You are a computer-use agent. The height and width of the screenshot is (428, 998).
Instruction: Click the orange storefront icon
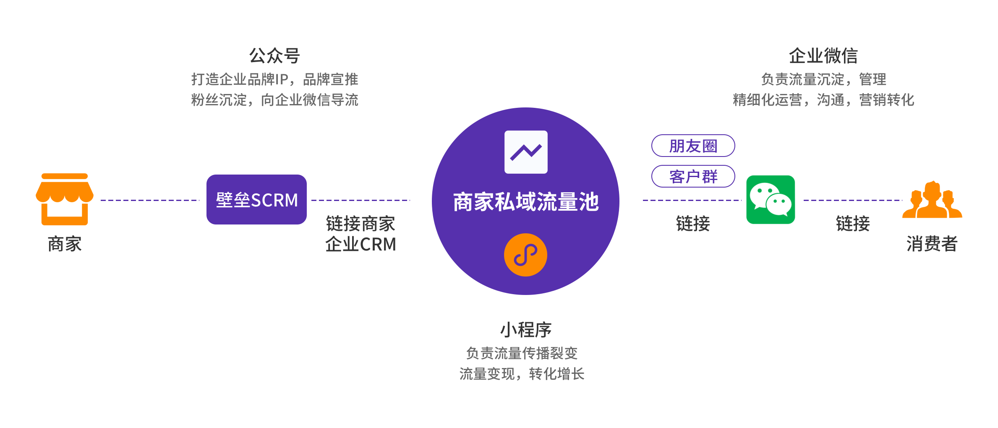[x=65, y=199]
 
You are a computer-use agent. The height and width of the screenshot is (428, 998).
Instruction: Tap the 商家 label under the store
[x=65, y=244]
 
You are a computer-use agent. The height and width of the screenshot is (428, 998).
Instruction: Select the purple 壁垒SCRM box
[x=256, y=200]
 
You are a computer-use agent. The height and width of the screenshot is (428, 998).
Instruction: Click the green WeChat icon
[x=771, y=200]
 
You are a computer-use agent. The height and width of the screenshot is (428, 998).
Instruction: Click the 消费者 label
[x=932, y=244]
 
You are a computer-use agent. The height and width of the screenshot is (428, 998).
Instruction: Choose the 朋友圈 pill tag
[x=693, y=146]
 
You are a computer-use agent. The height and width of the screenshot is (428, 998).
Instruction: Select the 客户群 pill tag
[x=693, y=176]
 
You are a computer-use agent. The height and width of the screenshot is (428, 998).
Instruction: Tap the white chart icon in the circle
[x=526, y=152]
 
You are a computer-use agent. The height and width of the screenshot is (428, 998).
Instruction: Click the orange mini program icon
[x=525, y=255]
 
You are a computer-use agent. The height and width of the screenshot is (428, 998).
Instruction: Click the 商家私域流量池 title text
[x=526, y=202]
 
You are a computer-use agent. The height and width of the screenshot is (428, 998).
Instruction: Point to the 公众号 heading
[x=274, y=55]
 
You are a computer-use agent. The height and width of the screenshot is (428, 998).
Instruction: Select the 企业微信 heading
[x=823, y=55]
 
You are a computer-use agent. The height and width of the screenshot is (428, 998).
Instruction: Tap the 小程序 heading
[x=526, y=330]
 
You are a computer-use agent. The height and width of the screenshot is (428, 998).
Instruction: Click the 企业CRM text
[x=361, y=244]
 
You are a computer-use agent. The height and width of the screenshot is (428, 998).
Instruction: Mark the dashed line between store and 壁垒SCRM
[x=150, y=201]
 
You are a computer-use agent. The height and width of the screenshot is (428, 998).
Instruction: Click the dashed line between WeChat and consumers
[x=852, y=201]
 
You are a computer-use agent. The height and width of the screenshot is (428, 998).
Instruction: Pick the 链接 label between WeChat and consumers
[x=852, y=223]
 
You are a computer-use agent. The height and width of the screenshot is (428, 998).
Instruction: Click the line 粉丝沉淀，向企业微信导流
[x=274, y=100]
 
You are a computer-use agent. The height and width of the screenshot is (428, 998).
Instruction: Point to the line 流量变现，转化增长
[x=522, y=373]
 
